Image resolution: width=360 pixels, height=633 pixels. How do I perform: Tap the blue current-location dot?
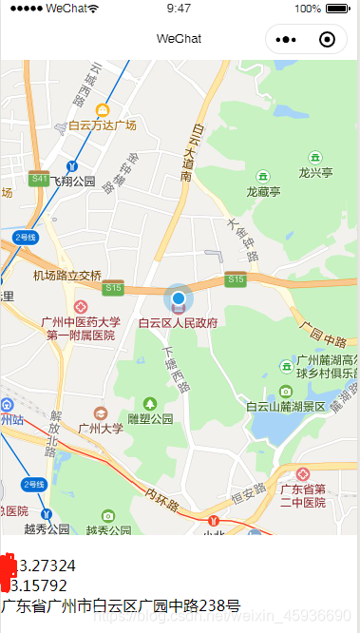pyautogui.click(x=178, y=299)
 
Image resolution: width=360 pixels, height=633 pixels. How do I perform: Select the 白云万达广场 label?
pyautogui.click(x=102, y=125)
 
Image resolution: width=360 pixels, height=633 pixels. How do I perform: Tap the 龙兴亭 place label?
pyautogui.click(x=315, y=173)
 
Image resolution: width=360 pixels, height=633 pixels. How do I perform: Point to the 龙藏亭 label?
pyautogui.click(x=263, y=191)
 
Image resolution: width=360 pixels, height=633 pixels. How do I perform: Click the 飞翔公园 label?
pyautogui.click(x=74, y=181)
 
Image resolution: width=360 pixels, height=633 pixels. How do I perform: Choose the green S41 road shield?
pyautogui.click(x=39, y=178)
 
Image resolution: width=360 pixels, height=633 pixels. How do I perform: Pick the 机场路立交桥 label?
pyautogui.click(x=66, y=276)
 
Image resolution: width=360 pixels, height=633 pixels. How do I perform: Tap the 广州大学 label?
pyautogui.click(x=100, y=429)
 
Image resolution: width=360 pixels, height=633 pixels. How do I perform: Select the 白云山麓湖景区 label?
pyautogui.click(x=285, y=406)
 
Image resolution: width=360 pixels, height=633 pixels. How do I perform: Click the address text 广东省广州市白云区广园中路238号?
pyautogui.click(x=121, y=604)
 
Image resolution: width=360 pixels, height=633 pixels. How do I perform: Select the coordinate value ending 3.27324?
pyautogui.click(x=43, y=566)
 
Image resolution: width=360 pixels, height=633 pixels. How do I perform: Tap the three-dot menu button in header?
pyautogui.click(x=287, y=39)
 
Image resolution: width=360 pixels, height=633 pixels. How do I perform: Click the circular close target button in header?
pyautogui.click(x=328, y=39)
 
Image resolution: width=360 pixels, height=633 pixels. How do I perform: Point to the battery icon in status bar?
pyautogui.click(x=337, y=9)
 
